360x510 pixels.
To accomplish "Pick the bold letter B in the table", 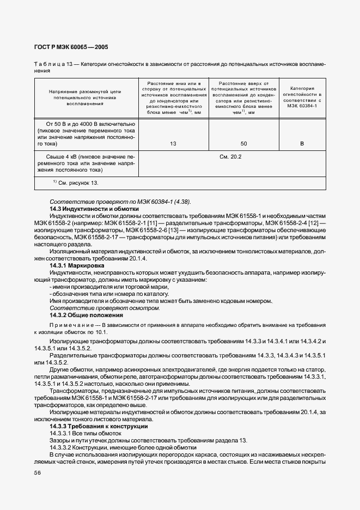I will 302,144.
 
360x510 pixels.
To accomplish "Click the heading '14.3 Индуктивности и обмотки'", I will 94,209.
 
